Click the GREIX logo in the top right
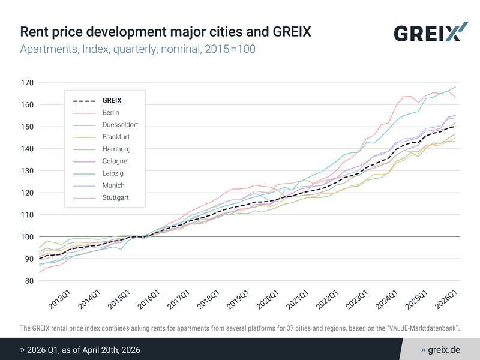[430, 32]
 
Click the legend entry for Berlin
[111, 112]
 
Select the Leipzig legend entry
[112, 173]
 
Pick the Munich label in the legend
[113, 185]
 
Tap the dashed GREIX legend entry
[112, 100]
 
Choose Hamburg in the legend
[116, 149]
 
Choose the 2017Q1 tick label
[177, 300]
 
